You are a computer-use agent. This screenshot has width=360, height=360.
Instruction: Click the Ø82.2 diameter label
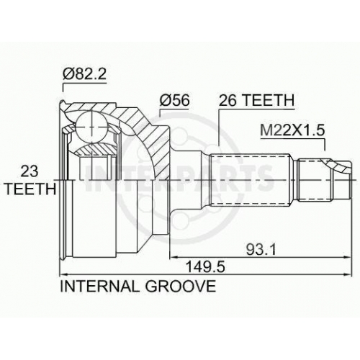tap(84, 74)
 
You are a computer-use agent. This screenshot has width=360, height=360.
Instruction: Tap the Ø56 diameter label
tap(175, 100)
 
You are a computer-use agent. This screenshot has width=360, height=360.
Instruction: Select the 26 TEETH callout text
tap(256, 100)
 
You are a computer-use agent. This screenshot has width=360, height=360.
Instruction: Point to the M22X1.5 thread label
tap(292, 130)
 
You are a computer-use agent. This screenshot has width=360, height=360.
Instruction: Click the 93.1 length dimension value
tap(261, 250)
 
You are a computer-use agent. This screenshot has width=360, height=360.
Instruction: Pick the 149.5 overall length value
tap(206, 267)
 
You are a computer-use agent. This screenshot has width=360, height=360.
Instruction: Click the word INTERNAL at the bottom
tap(99, 286)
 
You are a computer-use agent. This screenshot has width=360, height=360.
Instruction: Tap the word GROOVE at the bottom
tap(181, 286)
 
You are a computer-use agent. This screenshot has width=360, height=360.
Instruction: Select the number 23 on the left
tap(30, 171)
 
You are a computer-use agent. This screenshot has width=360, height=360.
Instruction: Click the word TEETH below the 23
tap(31, 189)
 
